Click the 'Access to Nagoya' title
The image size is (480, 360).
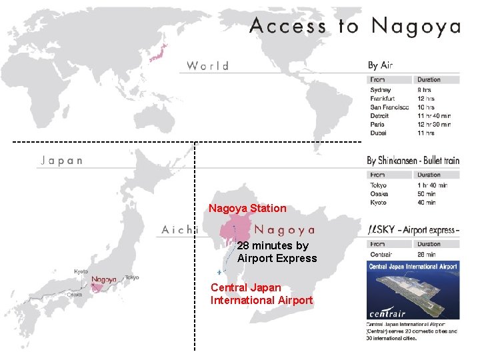click(355, 27)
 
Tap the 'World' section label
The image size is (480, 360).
click(208, 65)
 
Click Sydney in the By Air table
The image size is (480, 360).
click(381, 89)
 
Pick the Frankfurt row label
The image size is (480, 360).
click(383, 98)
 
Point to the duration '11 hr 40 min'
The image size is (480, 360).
click(433, 115)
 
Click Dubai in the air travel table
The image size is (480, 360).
click(379, 133)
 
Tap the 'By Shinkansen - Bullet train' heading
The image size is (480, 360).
click(413, 161)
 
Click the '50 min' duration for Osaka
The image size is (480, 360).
click(427, 194)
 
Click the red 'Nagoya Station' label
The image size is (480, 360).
click(247, 209)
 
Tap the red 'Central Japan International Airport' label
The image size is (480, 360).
click(261, 294)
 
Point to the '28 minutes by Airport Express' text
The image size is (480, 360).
click(277, 252)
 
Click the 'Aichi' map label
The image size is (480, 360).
click(180, 229)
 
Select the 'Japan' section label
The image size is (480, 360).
click(62, 161)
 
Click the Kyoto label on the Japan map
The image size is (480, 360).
click(81, 271)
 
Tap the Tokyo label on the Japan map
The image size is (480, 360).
click(131, 277)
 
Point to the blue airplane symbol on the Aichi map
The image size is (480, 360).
click(219, 273)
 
